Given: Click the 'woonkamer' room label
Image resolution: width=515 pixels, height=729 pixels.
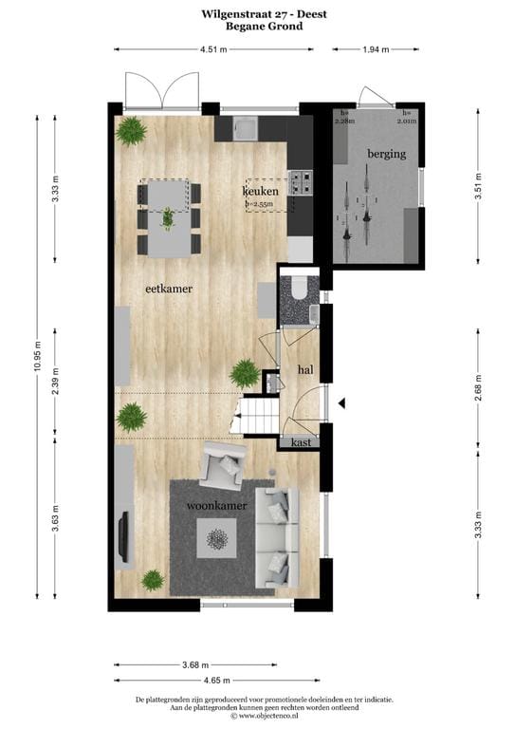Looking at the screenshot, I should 217,506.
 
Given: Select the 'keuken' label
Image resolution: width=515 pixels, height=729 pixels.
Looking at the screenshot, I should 260,191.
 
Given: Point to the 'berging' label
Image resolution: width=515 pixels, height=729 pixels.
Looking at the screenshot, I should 387,153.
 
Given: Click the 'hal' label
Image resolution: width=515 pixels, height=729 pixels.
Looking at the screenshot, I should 305,369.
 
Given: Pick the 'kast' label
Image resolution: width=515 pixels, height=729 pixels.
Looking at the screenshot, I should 303,441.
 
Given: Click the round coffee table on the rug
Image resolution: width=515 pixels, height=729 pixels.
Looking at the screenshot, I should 218,541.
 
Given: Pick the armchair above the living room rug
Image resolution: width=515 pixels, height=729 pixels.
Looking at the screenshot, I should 224,466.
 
